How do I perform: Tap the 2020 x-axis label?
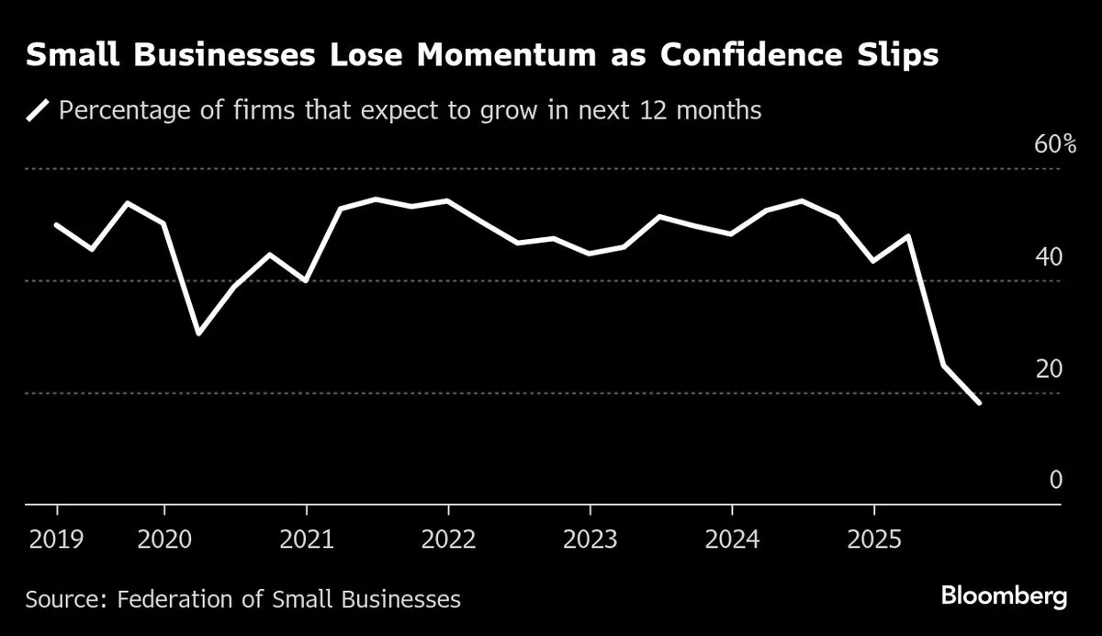coord(164,539)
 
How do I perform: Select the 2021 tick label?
coord(306,539)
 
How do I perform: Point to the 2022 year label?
coord(448,539)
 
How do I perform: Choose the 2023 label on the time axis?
coord(590,539)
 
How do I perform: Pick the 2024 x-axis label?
coord(732,539)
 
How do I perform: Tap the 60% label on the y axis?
coord(1041,144)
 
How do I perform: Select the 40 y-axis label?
coord(1049,256)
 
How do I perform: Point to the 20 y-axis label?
coord(1049,369)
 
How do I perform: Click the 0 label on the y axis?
coord(1055,481)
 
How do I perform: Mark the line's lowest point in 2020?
coord(198,333)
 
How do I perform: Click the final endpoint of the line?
coord(980,403)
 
